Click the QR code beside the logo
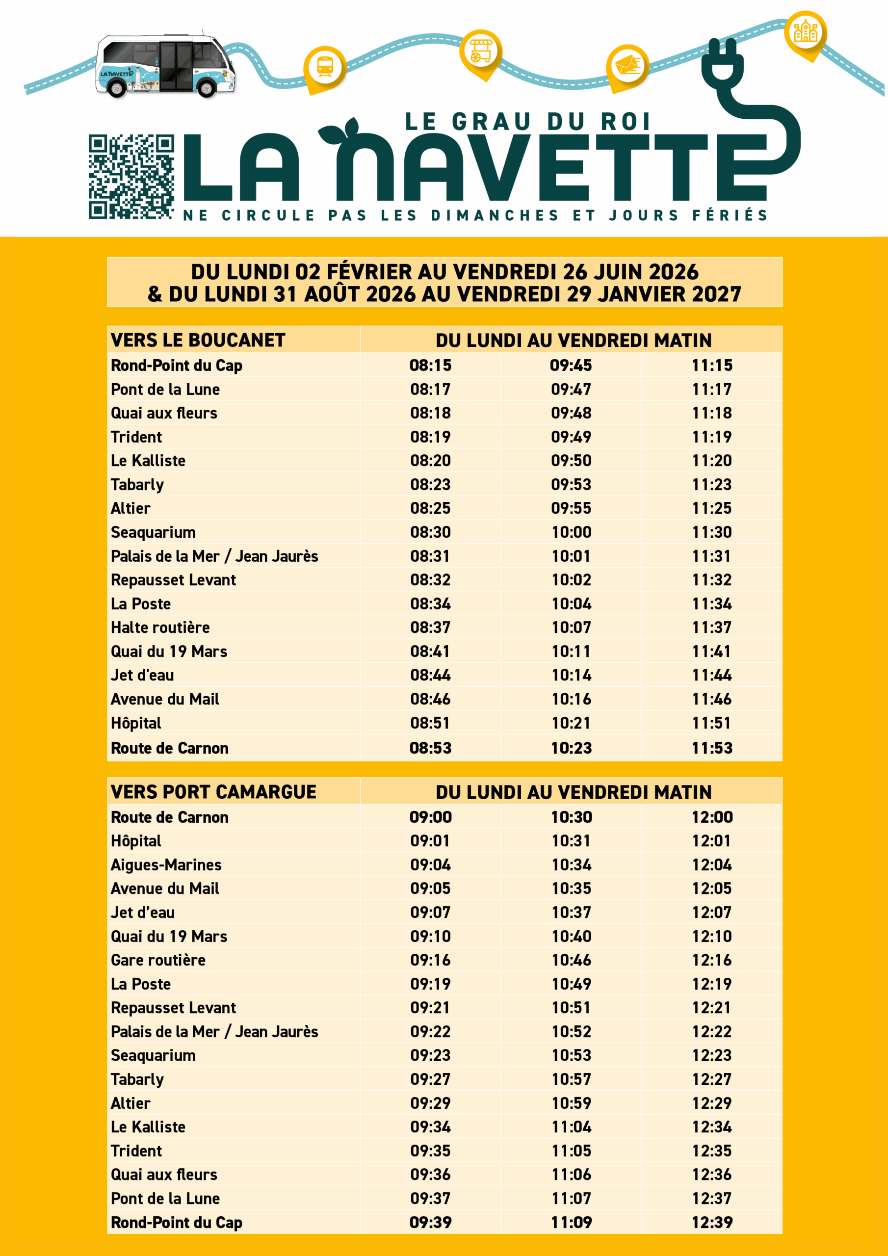pos(131,177)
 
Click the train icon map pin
pos(325,67)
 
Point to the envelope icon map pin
pos(628,66)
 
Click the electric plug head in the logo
pos(722,63)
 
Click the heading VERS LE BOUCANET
pos(198,340)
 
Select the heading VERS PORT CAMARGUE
pos(213,792)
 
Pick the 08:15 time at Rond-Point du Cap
pos(431,366)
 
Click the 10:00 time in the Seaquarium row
pos(571,532)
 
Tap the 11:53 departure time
pos(712,748)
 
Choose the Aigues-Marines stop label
pos(166,865)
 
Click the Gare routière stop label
pos(158,960)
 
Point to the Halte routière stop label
pos(160,628)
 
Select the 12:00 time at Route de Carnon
pos(712,817)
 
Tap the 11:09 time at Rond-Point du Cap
pos(571,1222)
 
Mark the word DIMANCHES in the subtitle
pos(495,215)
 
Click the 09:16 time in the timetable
pos(431,960)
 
